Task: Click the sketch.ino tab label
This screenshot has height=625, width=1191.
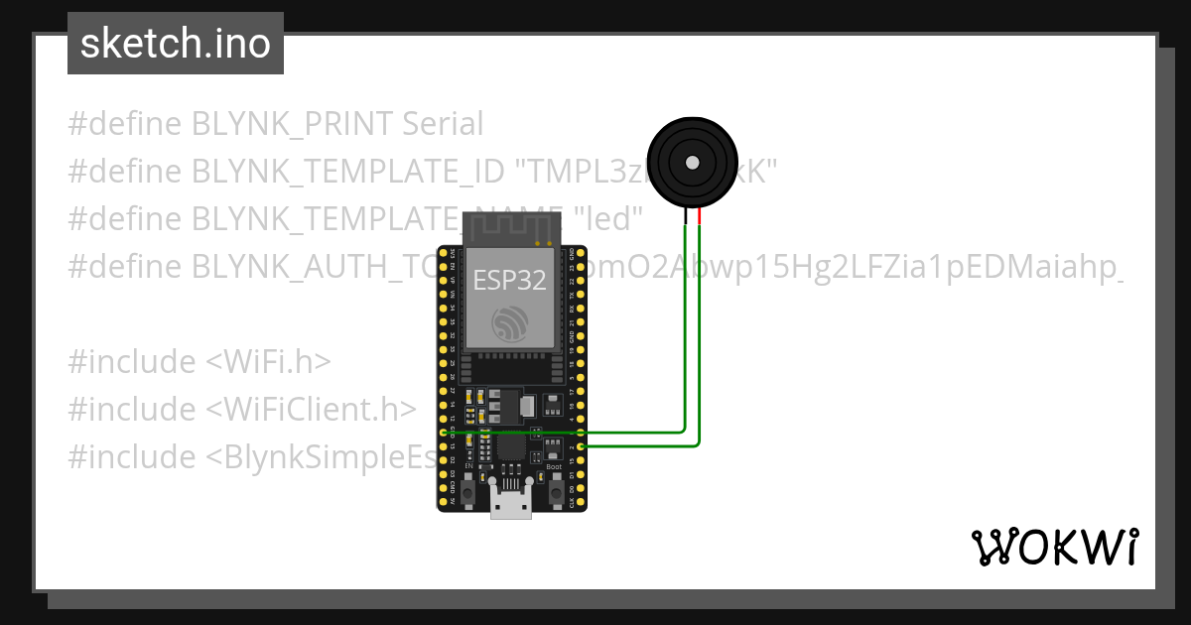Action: (x=176, y=44)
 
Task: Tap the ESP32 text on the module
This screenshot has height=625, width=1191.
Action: (x=509, y=280)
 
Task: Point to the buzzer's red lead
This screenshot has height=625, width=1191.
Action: (x=700, y=216)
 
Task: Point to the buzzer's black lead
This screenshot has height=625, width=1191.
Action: (x=685, y=216)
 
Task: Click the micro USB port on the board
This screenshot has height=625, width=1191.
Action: (x=511, y=505)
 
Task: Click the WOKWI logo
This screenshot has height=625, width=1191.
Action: (x=1053, y=547)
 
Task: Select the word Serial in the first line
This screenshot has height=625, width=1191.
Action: (x=443, y=124)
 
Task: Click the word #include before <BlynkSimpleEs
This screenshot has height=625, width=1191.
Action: (x=132, y=457)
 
